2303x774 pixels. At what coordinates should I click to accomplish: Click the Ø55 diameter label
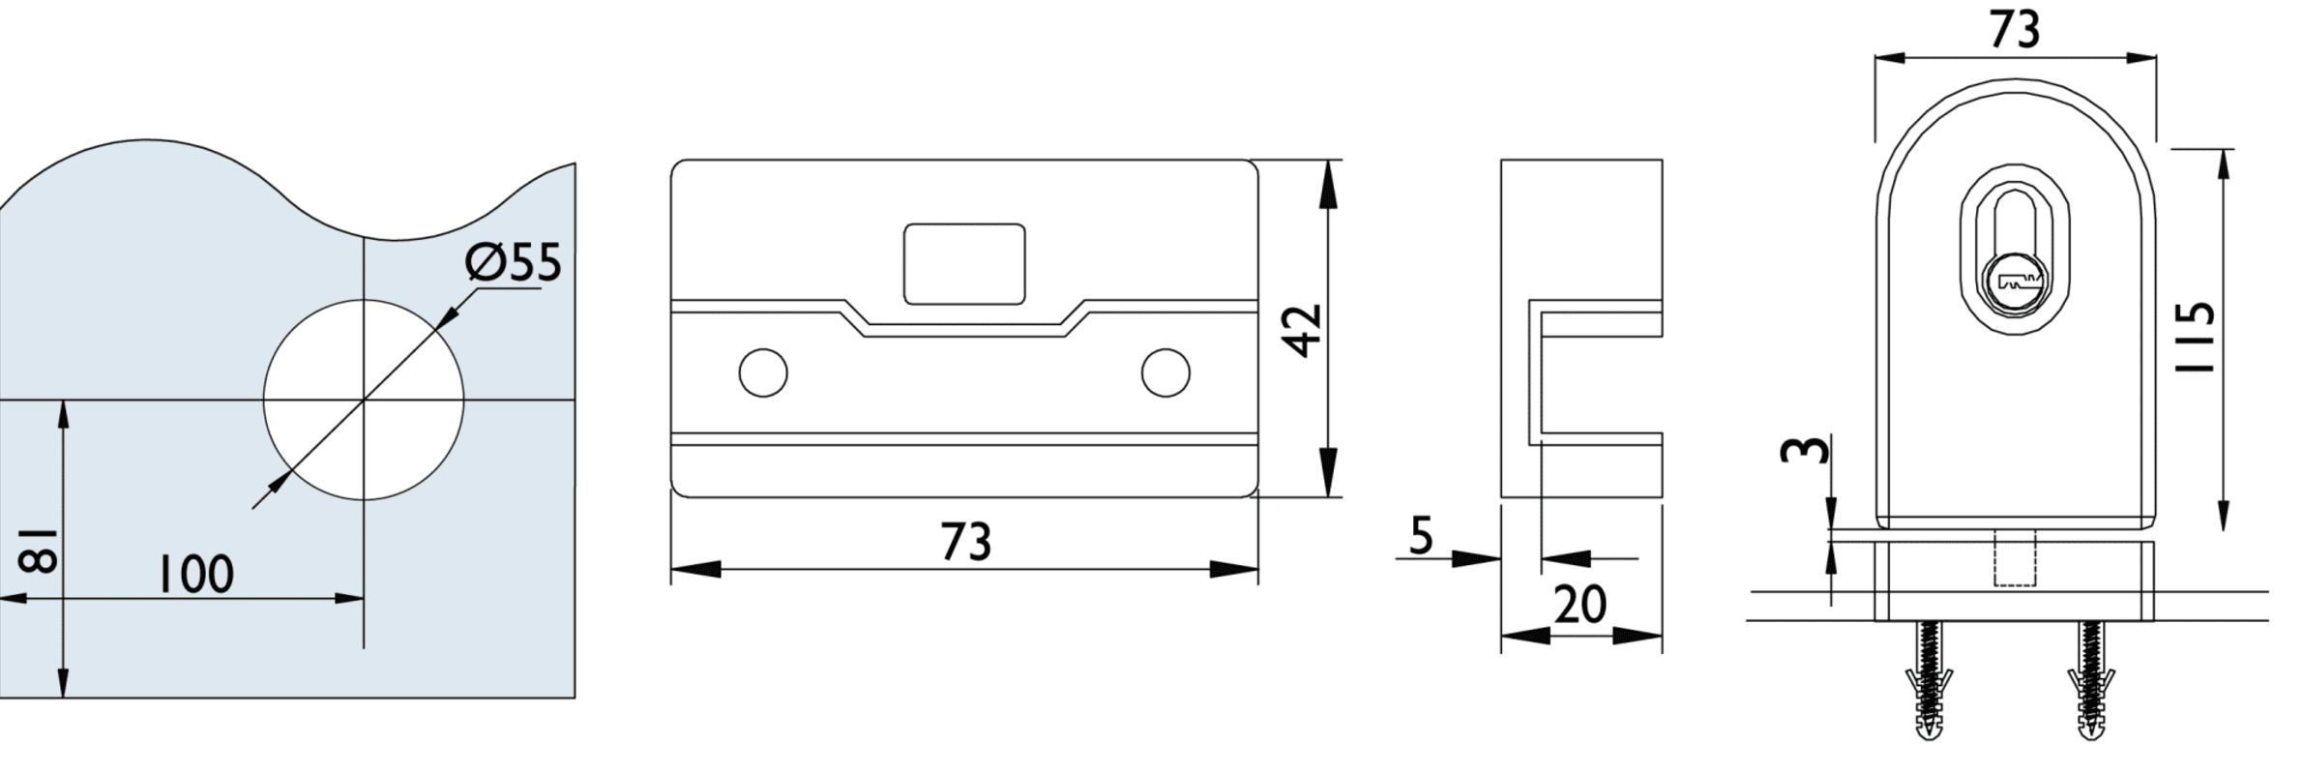pyautogui.click(x=513, y=263)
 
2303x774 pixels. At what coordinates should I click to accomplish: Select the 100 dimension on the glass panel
pyautogui.click(x=196, y=574)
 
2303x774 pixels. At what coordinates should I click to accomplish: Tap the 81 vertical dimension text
pyautogui.click(x=40, y=550)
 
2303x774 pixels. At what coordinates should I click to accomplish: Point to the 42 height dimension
pyautogui.click(x=1304, y=330)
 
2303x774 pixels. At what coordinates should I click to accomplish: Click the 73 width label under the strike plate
pyautogui.click(x=965, y=542)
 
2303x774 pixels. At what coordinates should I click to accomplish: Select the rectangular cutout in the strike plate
pyautogui.click(x=963, y=264)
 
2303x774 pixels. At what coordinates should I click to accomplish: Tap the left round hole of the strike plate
pyautogui.click(x=762, y=372)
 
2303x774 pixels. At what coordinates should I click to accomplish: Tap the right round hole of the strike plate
pyautogui.click(x=1165, y=372)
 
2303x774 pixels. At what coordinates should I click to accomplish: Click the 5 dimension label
pyautogui.click(x=1420, y=535)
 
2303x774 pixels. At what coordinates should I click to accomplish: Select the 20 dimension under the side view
pyautogui.click(x=1580, y=605)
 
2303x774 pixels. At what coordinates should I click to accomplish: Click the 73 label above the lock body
pyautogui.click(x=2015, y=30)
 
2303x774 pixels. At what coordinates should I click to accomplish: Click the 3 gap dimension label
pyautogui.click(x=1805, y=450)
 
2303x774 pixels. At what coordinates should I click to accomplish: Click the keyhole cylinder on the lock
pyautogui.click(x=2015, y=283)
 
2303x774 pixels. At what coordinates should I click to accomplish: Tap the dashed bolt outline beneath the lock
pyautogui.click(x=2015, y=558)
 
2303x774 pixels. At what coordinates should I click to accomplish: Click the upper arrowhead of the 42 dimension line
pyautogui.click(x=1327, y=184)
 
